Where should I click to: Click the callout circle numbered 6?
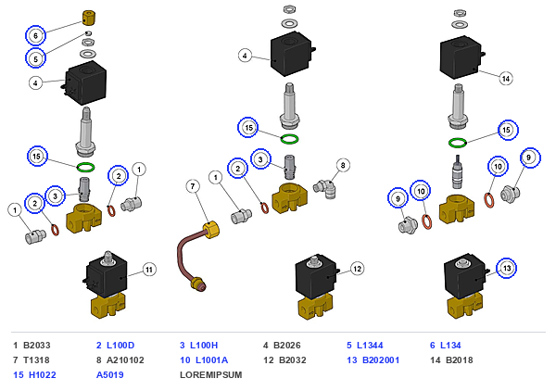(x=35, y=35)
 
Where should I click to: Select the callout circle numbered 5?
(x=35, y=58)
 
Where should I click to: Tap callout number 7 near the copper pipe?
(x=193, y=186)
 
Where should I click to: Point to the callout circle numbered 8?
(x=343, y=165)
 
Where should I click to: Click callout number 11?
(x=149, y=270)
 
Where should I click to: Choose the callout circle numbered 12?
(x=357, y=269)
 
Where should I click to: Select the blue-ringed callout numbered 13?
(x=507, y=268)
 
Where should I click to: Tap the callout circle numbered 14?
(x=506, y=79)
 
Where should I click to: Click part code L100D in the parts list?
(x=120, y=346)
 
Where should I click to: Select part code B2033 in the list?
(x=37, y=346)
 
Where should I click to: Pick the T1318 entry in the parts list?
(x=36, y=360)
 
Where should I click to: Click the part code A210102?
(x=125, y=360)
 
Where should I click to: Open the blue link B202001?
(x=381, y=360)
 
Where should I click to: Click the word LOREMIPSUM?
(x=211, y=375)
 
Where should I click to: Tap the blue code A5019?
(x=110, y=375)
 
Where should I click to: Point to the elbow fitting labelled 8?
(x=324, y=189)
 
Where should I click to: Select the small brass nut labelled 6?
(x=89, y=18)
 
